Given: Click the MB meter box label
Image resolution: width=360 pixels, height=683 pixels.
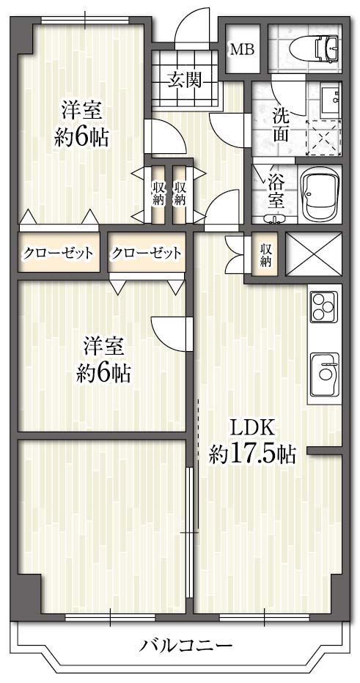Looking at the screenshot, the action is point(242,50).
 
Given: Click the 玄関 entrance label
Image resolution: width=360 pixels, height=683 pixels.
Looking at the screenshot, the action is point(185,81).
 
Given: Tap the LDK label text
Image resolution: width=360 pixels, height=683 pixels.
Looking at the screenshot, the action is point(252,429).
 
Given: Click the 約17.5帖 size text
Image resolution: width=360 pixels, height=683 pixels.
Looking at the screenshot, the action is point(252,455).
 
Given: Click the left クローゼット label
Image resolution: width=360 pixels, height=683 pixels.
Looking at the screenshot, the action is point(58,253).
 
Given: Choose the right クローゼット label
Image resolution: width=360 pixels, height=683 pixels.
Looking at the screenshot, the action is point(145,253).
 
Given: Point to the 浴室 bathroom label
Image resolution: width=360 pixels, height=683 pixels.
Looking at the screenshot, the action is point(276,191).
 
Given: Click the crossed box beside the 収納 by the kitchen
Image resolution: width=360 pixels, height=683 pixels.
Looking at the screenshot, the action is point(313,254).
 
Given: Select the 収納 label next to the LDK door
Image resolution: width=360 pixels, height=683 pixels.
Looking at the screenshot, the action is point(265,254).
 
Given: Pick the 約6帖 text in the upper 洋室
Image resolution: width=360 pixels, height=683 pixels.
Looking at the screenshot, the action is point(81,138).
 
